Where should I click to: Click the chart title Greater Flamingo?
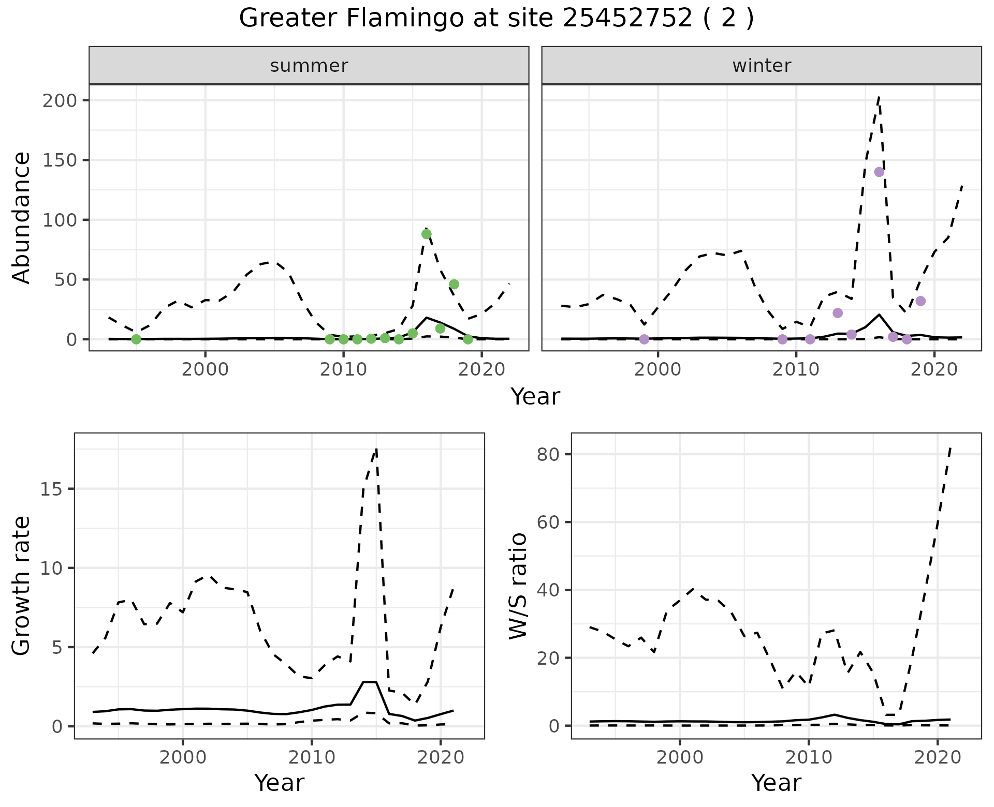496,19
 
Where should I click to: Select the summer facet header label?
309,66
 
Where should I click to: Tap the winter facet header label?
762,66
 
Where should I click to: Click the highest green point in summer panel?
427,234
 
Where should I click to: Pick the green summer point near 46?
454,285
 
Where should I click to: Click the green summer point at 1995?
136,339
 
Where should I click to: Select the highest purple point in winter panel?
879,172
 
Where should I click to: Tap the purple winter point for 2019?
920,301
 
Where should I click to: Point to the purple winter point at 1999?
644,339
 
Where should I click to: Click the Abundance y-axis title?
22,218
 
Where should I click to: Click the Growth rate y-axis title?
22,586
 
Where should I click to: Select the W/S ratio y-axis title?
518,586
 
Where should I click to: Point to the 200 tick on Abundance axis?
63,100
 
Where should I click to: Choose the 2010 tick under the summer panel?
343,370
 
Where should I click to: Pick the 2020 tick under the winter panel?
934,370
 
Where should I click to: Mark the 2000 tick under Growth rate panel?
182,758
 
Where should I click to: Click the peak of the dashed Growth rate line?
376,449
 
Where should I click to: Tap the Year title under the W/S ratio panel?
776,783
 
